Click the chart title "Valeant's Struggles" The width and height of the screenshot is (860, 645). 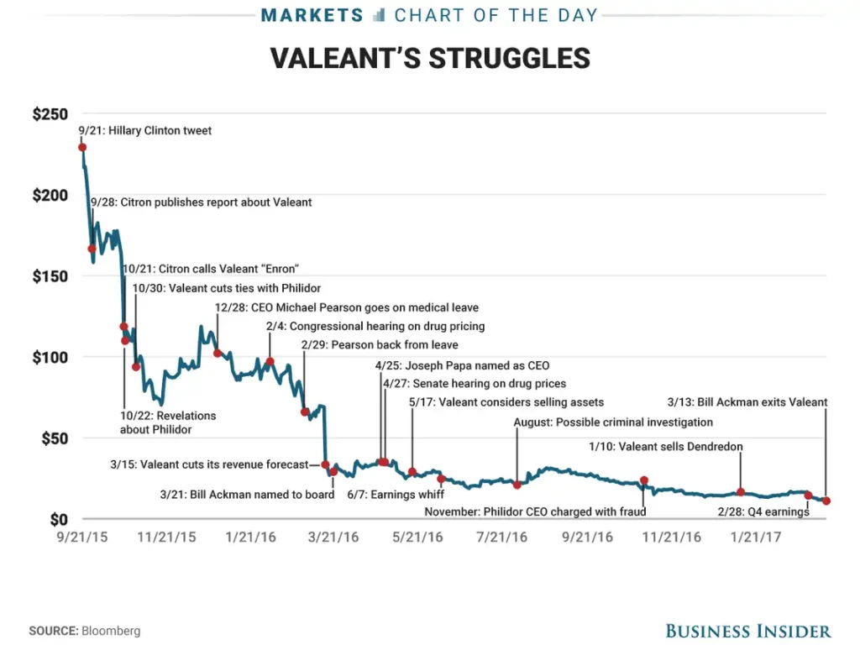[x=430, y=58]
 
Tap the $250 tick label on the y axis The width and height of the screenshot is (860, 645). [x=50, y=114]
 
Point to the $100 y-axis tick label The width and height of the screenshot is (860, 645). [x=50, y=358]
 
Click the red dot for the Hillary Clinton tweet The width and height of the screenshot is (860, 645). [x=82, y=148]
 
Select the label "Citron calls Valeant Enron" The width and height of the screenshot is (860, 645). [x=211, y=269]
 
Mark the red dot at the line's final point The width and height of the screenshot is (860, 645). [x=826, y=501]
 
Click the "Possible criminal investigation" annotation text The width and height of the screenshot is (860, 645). [x=613, y=422]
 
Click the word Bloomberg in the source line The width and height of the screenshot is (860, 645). [x=111, y=631]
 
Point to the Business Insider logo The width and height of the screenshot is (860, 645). [x=747, y=631]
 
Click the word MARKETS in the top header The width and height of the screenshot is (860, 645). [x=312, y=15]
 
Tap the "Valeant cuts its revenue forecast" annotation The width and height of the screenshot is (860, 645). [x=214, y=464]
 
